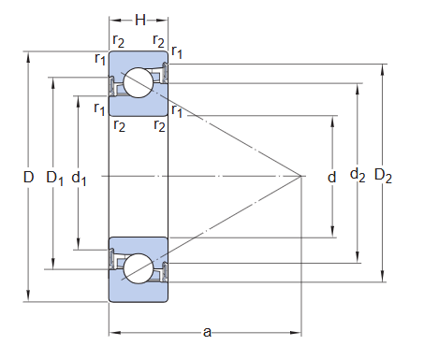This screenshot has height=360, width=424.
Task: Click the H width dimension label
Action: pyautogui.click(x=139, y=19)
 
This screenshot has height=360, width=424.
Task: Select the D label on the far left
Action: pyautogui.click(x=28, y=177)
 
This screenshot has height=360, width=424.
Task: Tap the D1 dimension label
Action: pyautogui.click(x=54, y=177)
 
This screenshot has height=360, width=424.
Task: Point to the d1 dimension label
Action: pyautogui.click(x=80, y=177)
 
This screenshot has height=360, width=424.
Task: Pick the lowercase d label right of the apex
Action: pyautogui.click(x=331, y=176)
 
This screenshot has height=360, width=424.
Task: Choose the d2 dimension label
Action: pyautogui.click(x=358, y=175)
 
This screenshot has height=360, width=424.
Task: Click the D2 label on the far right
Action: pyautogui.click(x=383, y=175)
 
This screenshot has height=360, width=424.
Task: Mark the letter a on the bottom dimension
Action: pyautogui.click(x=207, y=332)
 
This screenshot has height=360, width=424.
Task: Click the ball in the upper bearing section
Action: pyautogui.click(x=139, y=83)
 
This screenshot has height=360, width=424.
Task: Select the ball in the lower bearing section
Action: pyautogui.click(x=139, y=268)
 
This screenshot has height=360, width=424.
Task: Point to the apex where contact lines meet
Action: pyautogui.click(x=300, y=176)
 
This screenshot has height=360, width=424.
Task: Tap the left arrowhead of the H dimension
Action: pyautogui.click(x=112, y=19)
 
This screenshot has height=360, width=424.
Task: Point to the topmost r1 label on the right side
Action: pyautogui.click(x=177, y=52)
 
